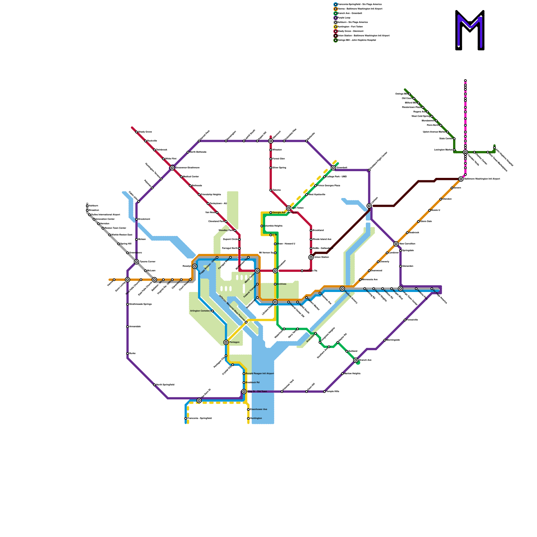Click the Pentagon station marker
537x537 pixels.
tap(226, 342)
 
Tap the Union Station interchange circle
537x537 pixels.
tap(311, 257)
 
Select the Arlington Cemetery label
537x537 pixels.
tap(200, 311)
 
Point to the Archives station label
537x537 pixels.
tap(282, 284)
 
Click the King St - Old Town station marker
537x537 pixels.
tap(244, 392)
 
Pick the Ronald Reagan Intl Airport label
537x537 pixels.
tap(260, 374)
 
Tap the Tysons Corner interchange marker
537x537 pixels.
tap(137, 262)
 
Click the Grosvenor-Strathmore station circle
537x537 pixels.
tap(172, 168)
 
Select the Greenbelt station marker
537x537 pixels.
tap(333, 168)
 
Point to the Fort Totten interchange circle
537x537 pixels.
tap(289, 208)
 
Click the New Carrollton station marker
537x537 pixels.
tap(396, 244)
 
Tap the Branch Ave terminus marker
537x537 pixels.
tap(356, 360)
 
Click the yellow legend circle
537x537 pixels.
tap(336, 27)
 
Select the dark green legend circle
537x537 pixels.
tap(336, 40)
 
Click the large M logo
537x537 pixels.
tap(470, 30)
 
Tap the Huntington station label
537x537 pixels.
tap(256, 419)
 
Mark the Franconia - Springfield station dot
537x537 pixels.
tap(186, 419)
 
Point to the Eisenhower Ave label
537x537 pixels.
tap(259, 409)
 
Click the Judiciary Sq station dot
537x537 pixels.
tap(302, 271)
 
